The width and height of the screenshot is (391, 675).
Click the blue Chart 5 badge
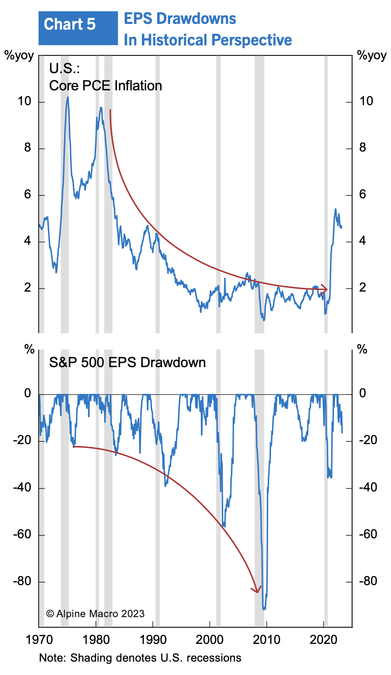coord(77,25)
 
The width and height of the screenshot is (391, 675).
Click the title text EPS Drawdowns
coord(180,19)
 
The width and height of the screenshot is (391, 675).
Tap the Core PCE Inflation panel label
coord(106,86)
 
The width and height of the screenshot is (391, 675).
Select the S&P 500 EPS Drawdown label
coord(128,362)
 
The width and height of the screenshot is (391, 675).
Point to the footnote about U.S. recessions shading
coord(140,658)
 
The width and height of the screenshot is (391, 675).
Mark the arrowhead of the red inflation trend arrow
coord(326,289)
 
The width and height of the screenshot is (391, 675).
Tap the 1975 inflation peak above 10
coord(68,98)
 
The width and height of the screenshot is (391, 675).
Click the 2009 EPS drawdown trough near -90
coord(264,609)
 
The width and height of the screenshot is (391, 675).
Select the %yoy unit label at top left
coord(19,55)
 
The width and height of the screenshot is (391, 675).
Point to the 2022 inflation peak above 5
coord(336,209)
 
